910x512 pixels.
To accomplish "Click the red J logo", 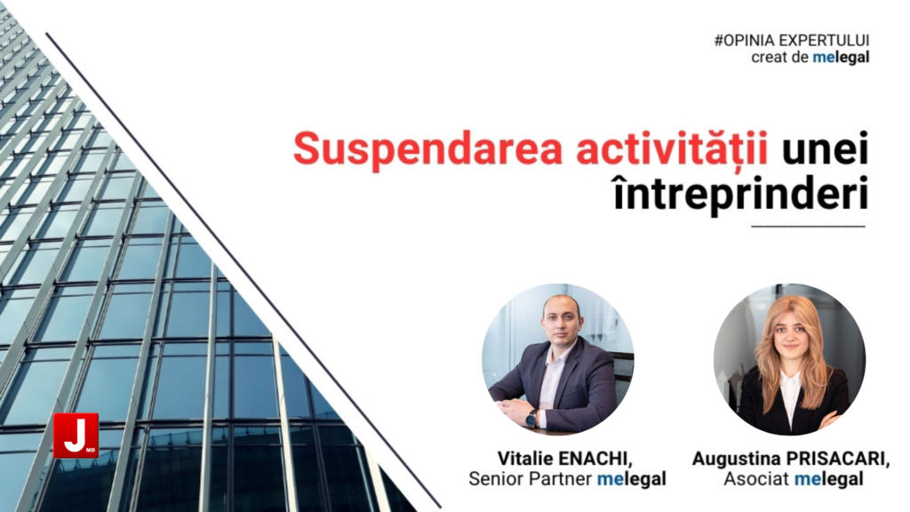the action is click(x=76, y=436).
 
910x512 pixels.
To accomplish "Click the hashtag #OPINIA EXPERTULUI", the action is click(x=792, y=41).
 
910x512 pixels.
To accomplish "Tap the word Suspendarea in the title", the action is click(x=428, y=149).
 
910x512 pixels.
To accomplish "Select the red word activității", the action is click(x=672, y=149).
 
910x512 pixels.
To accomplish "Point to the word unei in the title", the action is click(x=826, y=148).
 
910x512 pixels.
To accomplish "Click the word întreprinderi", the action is click(x=740, y=192).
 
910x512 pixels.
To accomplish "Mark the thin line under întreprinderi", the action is click(x=808, y=227).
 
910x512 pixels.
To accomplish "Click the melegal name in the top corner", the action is click(x=841, y=58).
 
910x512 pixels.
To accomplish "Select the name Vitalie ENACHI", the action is click(x=564, y=459).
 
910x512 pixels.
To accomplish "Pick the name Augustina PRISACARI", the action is click(x=790, y=459).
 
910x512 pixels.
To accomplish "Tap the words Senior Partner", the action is click(x=530, y=479).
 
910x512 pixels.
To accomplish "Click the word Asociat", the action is click(x=756, y=479).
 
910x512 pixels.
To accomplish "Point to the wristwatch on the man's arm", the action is click(x=531, y=418).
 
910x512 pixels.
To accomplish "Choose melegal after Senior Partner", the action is click(x=632, y=479).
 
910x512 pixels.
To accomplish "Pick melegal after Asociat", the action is click(x=829, y=479).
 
